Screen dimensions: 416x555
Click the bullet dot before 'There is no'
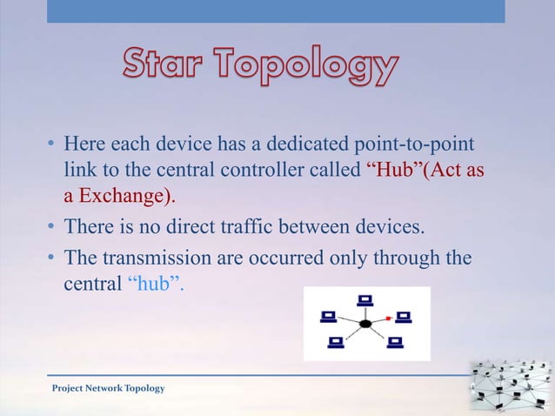[52, 230]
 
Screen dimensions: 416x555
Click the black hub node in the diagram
[365, 324]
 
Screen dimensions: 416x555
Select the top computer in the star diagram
[364, 300]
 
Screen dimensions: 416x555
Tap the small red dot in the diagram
[388, 319]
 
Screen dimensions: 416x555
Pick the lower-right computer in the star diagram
[396, 342]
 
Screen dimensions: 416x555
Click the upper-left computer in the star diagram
[328, 315]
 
